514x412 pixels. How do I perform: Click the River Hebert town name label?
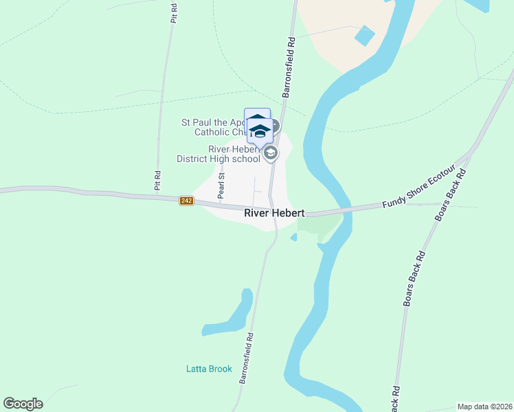pyautogui.click(x=274, y=214)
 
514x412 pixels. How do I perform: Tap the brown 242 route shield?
pyautogui.click(x=186, y=201)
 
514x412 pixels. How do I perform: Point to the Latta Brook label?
pyautogui.click(x=209, y=369)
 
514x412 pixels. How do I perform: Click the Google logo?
pyautogui.click(x=23, y=404)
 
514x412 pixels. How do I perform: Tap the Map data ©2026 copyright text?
pyautogui.click(x=484, y=407)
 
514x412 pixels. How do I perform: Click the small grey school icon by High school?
pyautogui.click(x=271, y=153)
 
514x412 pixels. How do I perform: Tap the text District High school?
pyautogui.click(x=218, y=159)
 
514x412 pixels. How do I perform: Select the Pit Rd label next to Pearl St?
pyautogui.click(x=157, y=180)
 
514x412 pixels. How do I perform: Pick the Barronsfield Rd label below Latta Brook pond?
pyautogui.click(x=246, y=358)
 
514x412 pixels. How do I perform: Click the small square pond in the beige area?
pyautogui.click(x=365, y=35)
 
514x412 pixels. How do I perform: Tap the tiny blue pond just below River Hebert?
pyautogui.click(x=294, y=238)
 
